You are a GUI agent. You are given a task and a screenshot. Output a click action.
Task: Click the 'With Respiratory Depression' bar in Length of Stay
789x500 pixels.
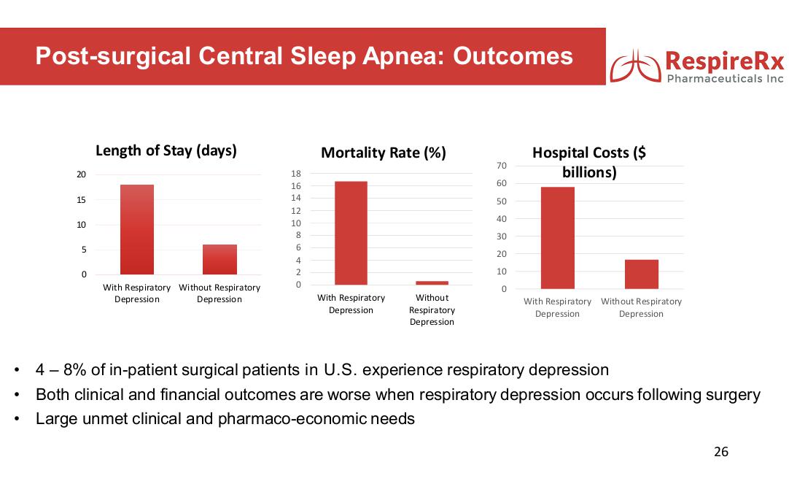click(x=137, y=229)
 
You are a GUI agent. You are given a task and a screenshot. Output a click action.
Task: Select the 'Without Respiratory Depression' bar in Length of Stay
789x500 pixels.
click(x=219, y=259)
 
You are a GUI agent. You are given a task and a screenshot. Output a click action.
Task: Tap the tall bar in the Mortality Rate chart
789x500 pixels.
click(x=351, y=233)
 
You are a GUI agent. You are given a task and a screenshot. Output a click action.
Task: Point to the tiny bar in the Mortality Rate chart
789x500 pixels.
click(x=432, y=282)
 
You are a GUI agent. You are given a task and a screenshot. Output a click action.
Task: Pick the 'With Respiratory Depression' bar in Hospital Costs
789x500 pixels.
click(x=558, y=238)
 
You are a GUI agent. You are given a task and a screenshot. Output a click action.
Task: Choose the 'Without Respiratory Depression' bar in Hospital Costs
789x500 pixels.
click(x=642, y=274)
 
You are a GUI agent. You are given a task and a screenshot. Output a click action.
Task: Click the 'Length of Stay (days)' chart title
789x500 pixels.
click(x=166, y=151)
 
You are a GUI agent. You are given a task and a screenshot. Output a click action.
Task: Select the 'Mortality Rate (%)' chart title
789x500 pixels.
click(x=384, y=153)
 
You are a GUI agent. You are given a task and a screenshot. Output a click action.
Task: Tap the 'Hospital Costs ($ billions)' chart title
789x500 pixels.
click(x=589, y=163)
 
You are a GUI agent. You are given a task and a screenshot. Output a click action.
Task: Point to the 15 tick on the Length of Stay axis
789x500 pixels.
click(x=82, y=200)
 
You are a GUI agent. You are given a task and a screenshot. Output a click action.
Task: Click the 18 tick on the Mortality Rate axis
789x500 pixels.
click(x=296, y=174)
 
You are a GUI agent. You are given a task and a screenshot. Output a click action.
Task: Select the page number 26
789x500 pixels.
click(x=720, y=452)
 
